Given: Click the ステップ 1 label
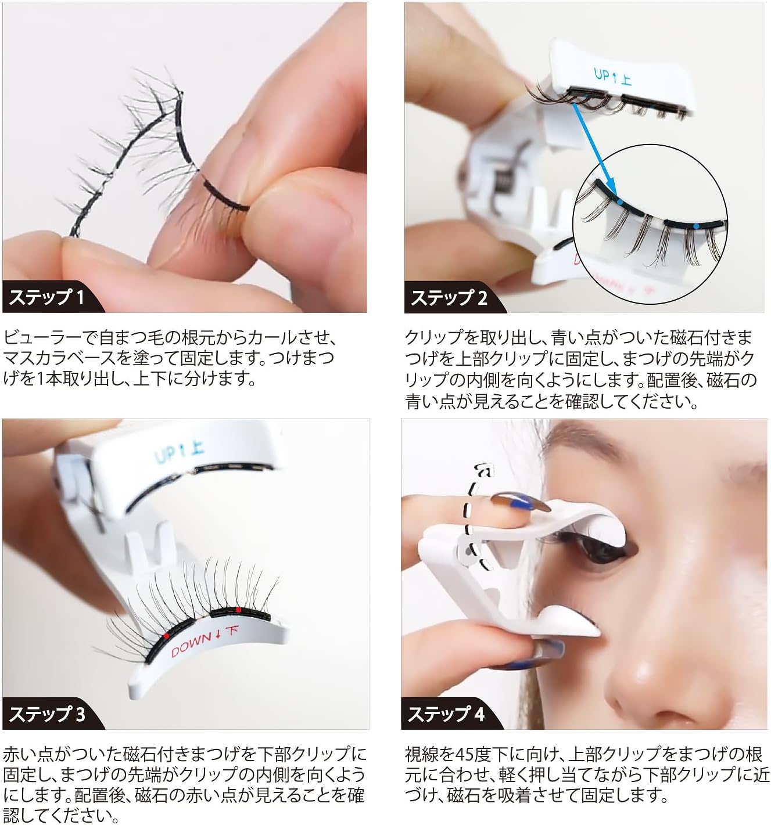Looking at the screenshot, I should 46,297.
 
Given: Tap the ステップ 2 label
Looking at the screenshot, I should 449,297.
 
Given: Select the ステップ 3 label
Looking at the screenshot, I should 46,714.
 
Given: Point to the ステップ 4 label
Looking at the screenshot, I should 446,714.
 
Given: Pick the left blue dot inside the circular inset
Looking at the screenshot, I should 621,201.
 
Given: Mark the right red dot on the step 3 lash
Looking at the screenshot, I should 238,610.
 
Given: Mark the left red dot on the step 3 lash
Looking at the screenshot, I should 167,636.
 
